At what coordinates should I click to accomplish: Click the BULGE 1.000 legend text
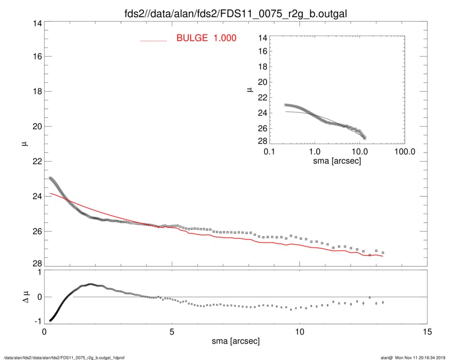point(206,38)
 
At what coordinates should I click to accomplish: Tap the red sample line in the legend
point(154,40)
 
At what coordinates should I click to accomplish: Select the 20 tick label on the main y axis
point(35,126)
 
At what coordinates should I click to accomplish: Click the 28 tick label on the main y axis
point(35,264)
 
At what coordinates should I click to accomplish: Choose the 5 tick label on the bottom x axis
point(172,332)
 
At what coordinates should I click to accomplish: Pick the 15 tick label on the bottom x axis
point(428,332)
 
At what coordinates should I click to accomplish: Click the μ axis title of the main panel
point(24,144)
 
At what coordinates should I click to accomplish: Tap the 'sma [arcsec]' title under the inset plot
point(337,162)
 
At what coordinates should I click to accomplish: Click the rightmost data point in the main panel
point(382,253)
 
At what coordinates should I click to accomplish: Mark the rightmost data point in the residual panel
point(382,302)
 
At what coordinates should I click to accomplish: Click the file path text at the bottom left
point(64,357)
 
